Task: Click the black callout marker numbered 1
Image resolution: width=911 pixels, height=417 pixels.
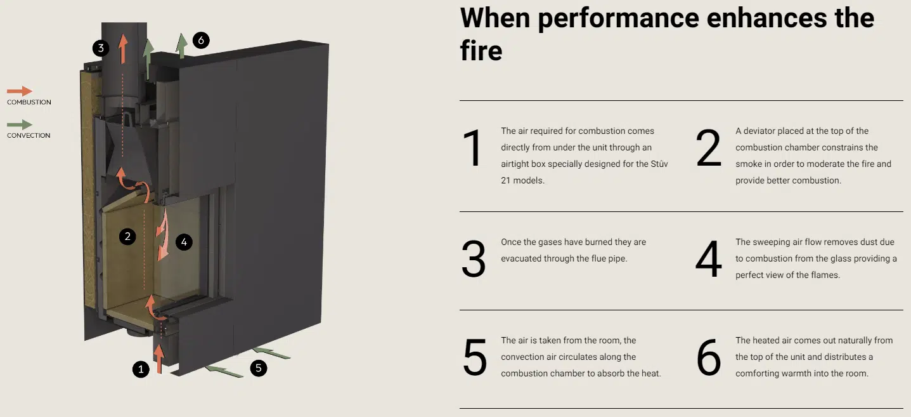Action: pos(141,369)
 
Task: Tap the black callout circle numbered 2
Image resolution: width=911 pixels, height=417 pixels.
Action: pos(127,236)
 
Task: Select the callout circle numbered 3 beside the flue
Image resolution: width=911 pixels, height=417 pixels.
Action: pos(101,48)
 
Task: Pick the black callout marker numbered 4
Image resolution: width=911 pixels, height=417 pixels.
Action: pos(184,242)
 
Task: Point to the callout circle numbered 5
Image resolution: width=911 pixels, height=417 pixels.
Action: pos(258,368)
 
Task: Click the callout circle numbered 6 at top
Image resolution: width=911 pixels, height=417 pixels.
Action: pos(201,41)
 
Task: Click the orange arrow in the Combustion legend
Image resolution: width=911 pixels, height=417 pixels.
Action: pos(20,91)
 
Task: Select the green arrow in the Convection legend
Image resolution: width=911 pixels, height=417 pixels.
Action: pos(20,124)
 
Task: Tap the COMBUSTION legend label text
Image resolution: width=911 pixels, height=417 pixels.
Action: pos(29,102)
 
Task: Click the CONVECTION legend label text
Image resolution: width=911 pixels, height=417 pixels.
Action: pos(29,136)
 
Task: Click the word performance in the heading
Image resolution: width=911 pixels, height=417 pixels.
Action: pos(618,20)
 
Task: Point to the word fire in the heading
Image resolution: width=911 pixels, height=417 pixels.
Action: pos(481,51)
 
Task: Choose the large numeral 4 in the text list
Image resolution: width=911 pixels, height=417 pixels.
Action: pos(709,258)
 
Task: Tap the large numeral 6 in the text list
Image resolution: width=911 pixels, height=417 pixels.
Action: pos(709,357)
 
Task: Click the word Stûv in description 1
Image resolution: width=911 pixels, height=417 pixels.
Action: pos(659,164)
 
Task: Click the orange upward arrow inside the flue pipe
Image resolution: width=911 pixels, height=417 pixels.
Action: pos(123,49)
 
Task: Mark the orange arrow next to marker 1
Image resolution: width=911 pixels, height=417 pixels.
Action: pos(159,359)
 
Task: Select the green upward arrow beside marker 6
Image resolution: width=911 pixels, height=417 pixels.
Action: pos(181,46)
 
